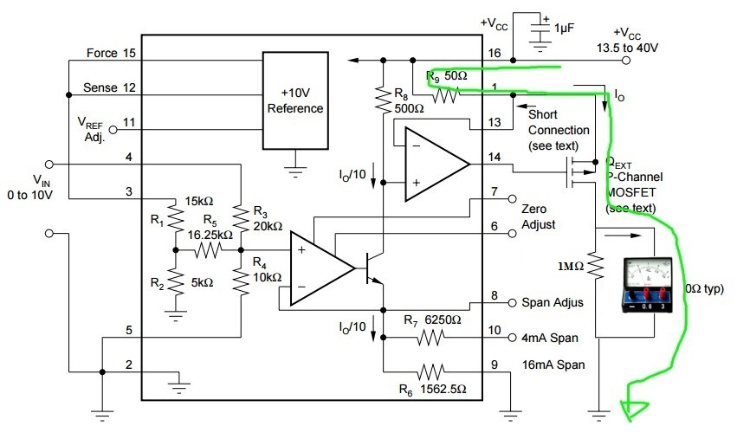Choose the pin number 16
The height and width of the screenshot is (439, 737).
pyautogui.click(x=494, y=54)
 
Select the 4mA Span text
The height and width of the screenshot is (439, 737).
pyautogui.click(x=550, y=338)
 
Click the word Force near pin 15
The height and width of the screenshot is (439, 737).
pyautogui.click(x=101, y=54)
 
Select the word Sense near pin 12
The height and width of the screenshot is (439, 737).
pyautogui.click(x=100, y=88)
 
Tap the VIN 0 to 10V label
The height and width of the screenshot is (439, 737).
pyautogui.click(x=39, y=187)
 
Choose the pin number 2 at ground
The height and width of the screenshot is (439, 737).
pyautogui.click(x=128, y=365)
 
